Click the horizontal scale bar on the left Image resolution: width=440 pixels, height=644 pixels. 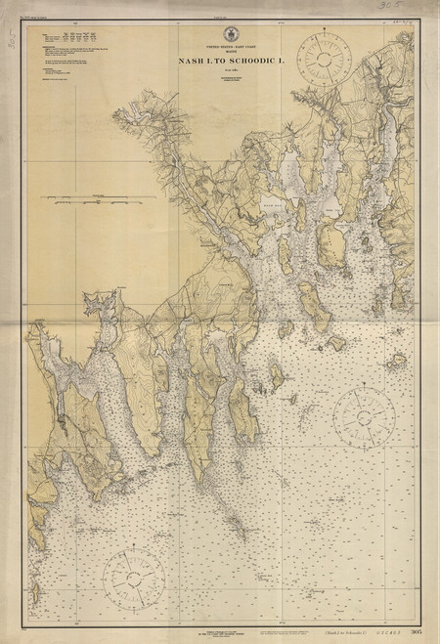click(97, 198)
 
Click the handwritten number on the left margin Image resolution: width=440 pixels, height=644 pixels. click(13, 39)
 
